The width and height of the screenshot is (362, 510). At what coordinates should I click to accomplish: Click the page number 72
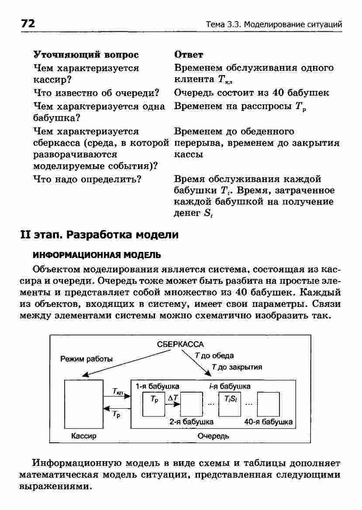tap(28, 24)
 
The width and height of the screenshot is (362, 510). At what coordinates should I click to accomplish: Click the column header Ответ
tap(189, 55)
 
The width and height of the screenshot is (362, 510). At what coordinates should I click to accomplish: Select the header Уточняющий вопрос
tap(86, 55)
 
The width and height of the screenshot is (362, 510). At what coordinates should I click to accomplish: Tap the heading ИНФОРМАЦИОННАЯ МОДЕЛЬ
tap(91, 255)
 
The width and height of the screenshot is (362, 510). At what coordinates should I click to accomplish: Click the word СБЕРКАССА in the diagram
tap(180, 344)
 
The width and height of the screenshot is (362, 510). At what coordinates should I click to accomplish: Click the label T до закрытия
tap(237, 367)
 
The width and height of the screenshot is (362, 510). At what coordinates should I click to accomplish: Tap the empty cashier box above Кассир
tap(83, 404)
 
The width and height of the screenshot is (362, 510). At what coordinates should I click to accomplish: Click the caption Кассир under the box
tap(83, 436)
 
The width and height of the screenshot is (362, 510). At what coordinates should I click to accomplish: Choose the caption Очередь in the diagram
tap(213, 436)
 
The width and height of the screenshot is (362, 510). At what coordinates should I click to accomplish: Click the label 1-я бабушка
tap(157, 386)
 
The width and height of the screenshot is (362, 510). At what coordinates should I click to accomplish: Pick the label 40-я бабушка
tap(268, 422)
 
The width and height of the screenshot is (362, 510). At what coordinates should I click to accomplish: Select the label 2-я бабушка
tap(191, 422)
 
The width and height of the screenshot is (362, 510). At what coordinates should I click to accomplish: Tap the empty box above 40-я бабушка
tap(268, 403)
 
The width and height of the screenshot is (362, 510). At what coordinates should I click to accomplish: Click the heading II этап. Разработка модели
tap(100, 234)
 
